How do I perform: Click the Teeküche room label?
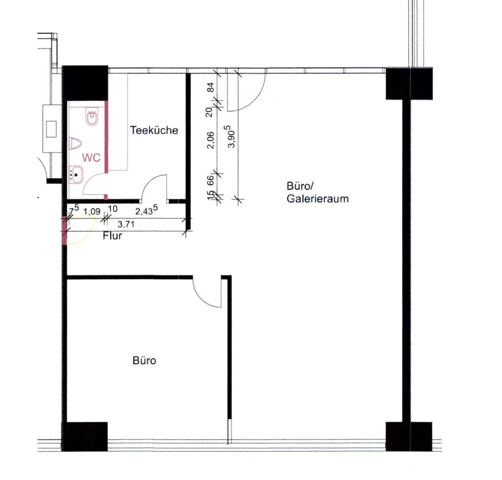click(x=154, y=130)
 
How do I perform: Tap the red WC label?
click(x=91, y=158)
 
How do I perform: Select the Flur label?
click(x=112, y=236)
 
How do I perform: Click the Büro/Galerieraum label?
click(x=317, y=192)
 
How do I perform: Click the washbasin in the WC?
click(x=76, y=174)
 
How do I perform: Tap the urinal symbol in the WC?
click(x=75, y=143)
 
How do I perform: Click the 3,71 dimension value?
click(x=126, y=224)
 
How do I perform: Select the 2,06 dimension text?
click(x=211, y=140)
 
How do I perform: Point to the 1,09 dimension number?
click(x=92, y=212)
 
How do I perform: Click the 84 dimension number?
click(x=211, y=87)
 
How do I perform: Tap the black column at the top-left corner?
click(x=85, y=83)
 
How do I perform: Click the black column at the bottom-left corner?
click(x=85, y=437)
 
